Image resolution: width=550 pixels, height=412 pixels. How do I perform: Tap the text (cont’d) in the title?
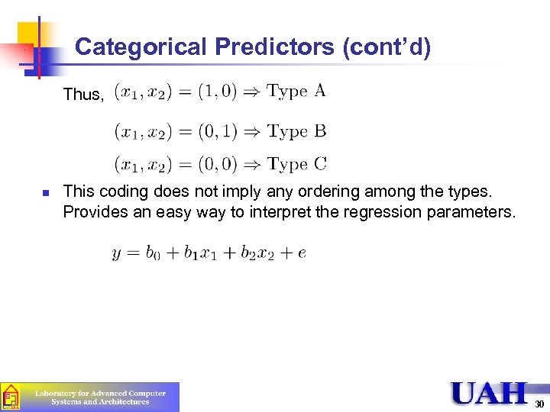[x=387, y=47]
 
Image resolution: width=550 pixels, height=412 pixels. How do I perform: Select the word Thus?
[x=82, y=95]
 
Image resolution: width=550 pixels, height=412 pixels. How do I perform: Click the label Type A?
[x=296, y=92]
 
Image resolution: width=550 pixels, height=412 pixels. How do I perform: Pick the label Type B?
[x=296, y=131]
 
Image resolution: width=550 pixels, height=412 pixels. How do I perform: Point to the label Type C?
[x=296, y=164]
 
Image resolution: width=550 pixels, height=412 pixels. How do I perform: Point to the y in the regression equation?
[x=117, y=254]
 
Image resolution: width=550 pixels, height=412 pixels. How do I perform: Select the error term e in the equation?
[x=302, y=253]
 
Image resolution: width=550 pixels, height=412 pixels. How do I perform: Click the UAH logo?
[x=489, y=393]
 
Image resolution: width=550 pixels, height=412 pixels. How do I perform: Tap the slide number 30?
[x=539, y=404]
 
